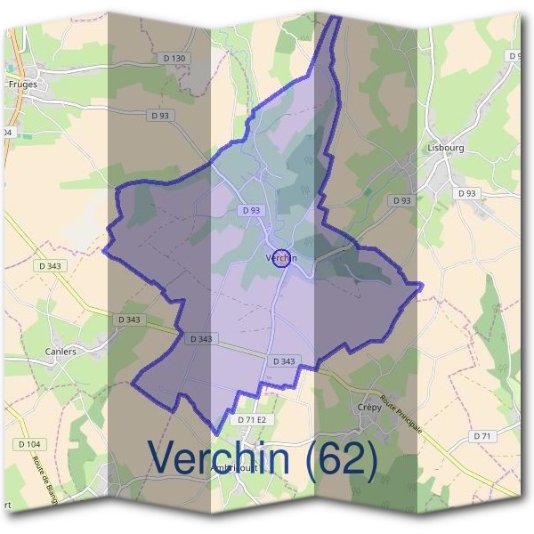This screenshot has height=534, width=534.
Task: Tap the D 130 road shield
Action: [174, 59]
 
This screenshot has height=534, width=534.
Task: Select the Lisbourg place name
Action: [446, 148]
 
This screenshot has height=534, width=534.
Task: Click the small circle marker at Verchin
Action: [281, 258]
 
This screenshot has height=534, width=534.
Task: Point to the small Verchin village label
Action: [279, 258]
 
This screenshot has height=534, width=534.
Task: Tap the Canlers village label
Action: [61, 351]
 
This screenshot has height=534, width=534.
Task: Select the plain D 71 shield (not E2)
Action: [483, 436]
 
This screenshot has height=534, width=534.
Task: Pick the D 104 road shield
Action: [28, 443]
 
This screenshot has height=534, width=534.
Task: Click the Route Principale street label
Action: [401, 413]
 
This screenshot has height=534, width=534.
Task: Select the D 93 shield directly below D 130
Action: [161, 115]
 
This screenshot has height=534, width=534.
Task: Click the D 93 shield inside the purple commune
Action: [251, 210]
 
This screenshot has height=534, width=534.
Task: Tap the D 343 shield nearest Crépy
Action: [282, 360]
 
